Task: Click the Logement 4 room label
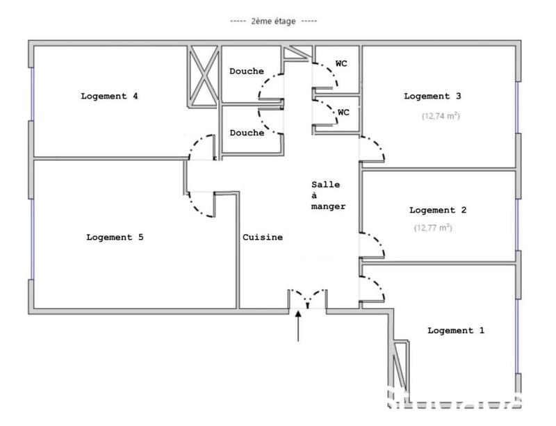[x=109, y=96]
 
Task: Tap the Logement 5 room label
[x=115, y=237]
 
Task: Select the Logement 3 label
[x=432, y=96]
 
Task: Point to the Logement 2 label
[x=438, y=210]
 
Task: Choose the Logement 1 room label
[x=456, y=330]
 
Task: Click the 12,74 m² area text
[x=441, y=116]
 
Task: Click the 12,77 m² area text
[x=433, y=227]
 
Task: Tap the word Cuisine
[x=263, y=237]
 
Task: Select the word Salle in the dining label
[x=325, y=184]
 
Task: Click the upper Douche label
[x=247, y=71]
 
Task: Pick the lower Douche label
[x=247, y=133]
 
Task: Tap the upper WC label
[x=341, y=63]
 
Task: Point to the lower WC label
[x=343, y=112]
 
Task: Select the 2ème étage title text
[x=273, y=22]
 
